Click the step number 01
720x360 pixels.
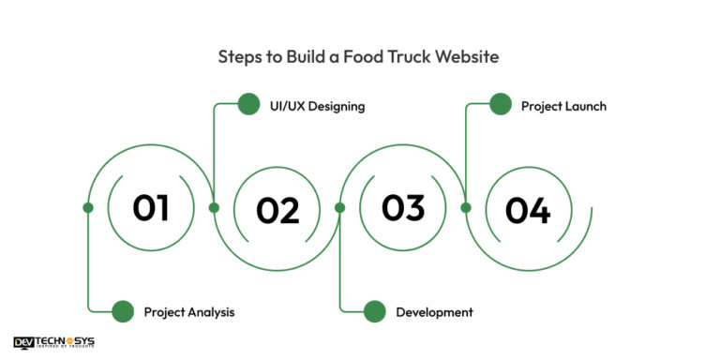point(151,207)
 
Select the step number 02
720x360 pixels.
point(277,211)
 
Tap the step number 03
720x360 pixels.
point(403,207)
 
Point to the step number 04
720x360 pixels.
point(528,211)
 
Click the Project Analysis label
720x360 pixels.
point(189,311)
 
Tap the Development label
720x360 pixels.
point(434,311)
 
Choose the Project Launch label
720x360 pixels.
point(563,106)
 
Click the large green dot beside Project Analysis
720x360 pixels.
point(123,311)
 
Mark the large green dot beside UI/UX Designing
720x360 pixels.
point(248,104)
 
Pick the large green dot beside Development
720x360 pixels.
point(374,311)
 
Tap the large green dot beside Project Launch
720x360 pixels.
point(501,104)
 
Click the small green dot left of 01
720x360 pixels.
point(88,207)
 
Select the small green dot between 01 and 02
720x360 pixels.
point(214,207)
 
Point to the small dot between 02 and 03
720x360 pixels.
point(339,207)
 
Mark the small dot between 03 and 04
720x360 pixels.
point(465,207)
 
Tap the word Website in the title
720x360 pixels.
point(468,57)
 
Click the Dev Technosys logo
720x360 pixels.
point(53,343)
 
